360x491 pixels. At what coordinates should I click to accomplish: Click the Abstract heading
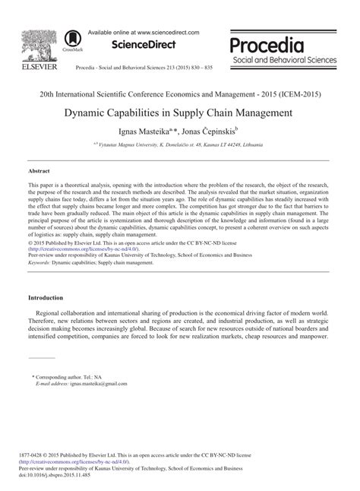(40, 172)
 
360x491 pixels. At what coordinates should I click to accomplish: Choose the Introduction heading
(46, 298)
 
